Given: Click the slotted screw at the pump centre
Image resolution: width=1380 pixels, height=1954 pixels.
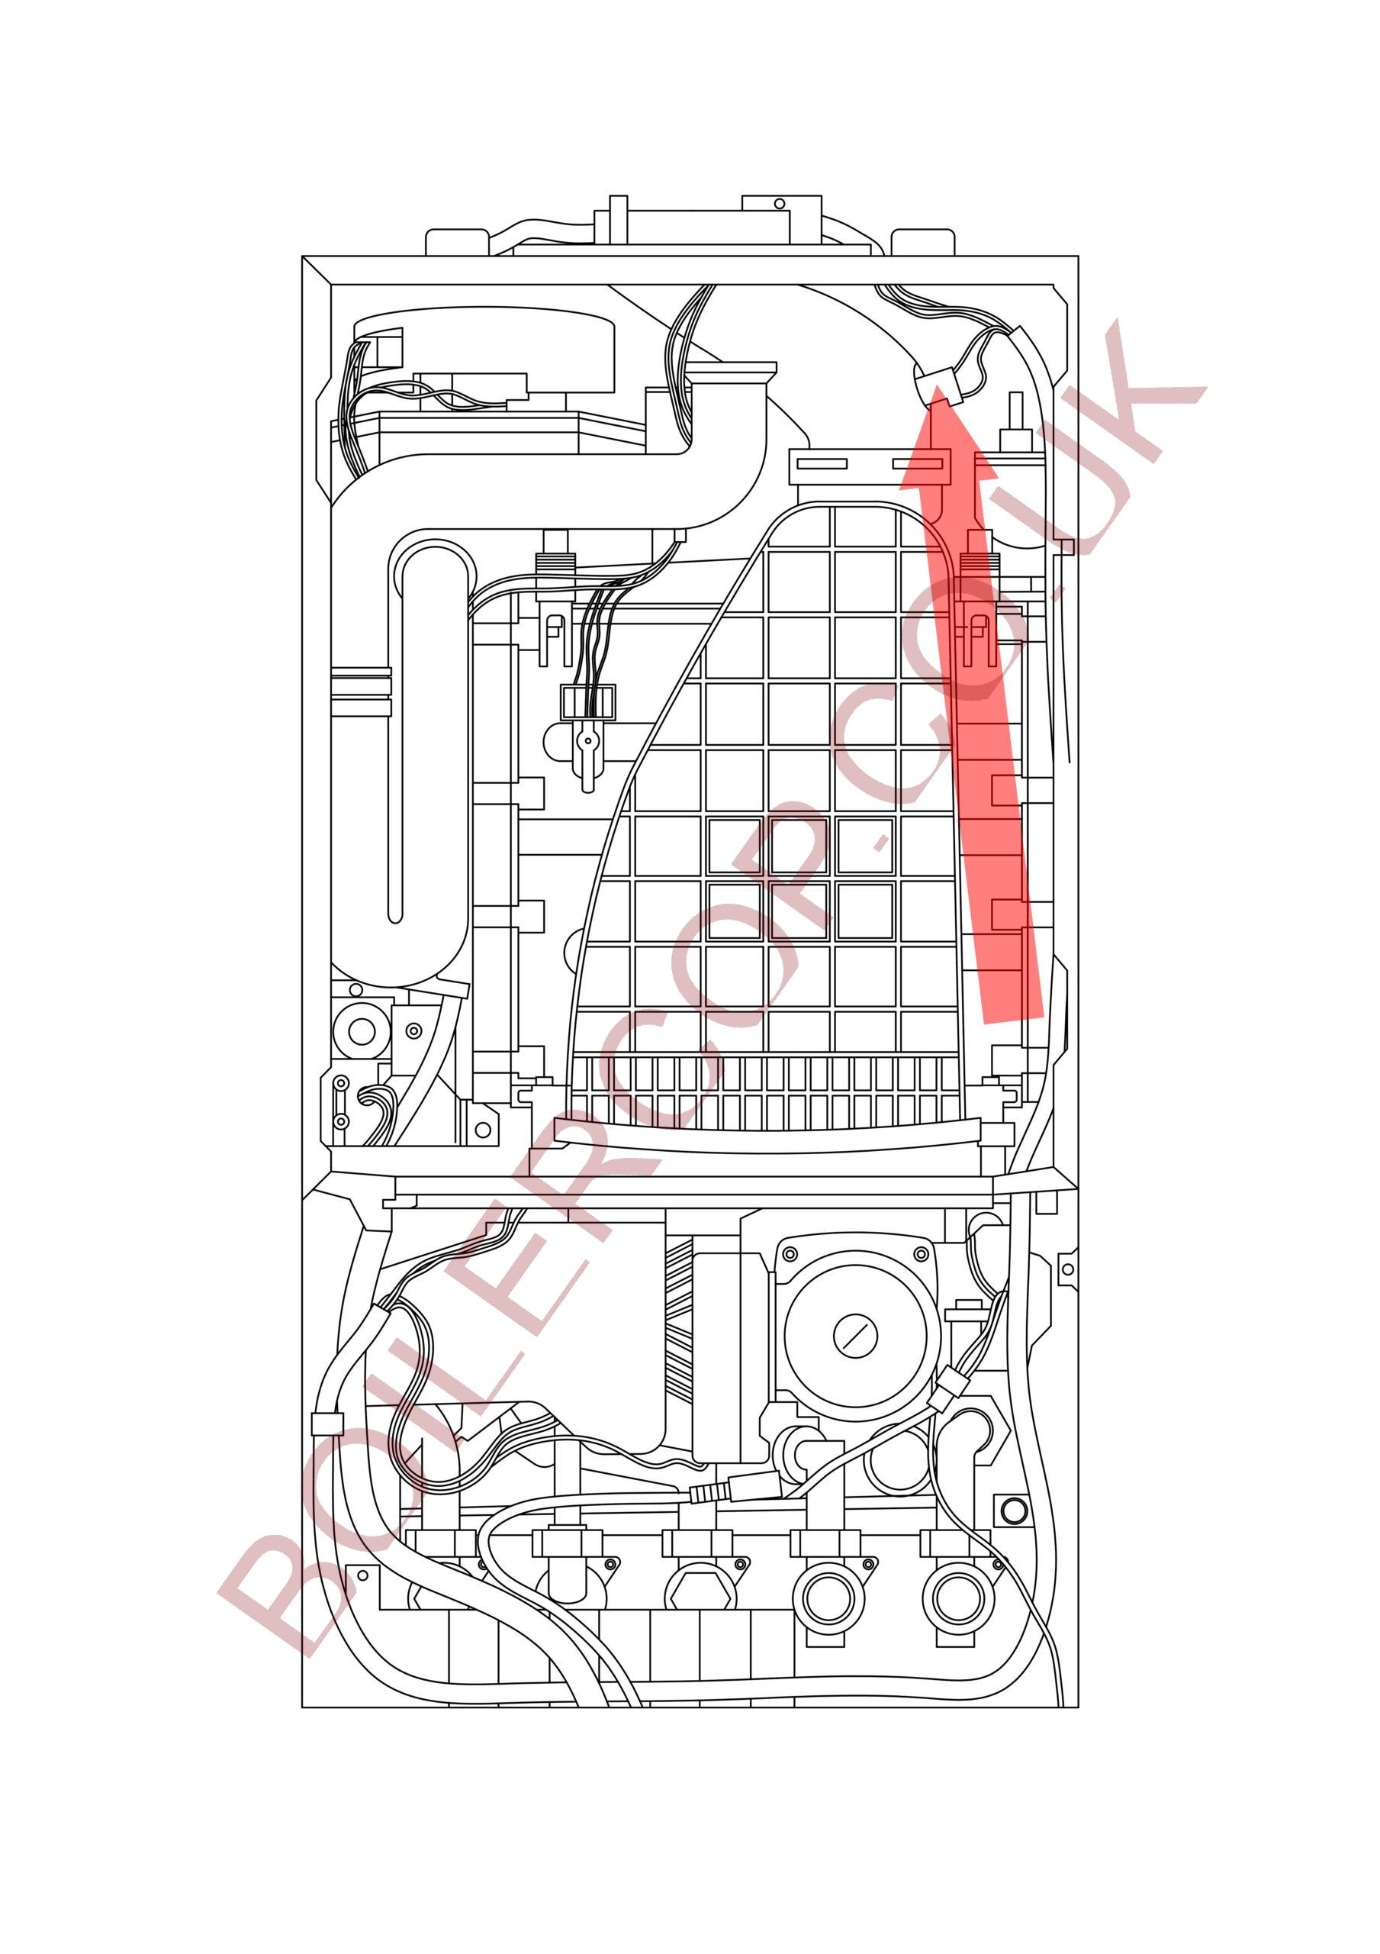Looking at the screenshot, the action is tap(854, 1337).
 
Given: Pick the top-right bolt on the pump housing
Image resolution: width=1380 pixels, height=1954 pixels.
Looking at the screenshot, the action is tap(919, 1253).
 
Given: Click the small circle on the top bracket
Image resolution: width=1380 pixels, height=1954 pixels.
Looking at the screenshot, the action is tap(777, 205).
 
